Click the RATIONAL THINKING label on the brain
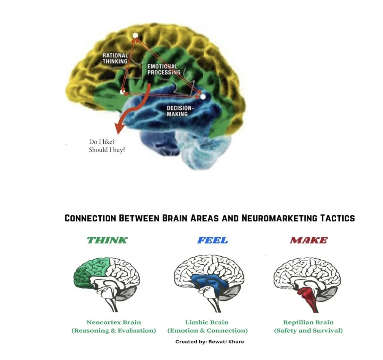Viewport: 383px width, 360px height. pyautogui.click(x=115, y=58)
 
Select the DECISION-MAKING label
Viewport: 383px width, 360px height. pyautogui.click(x=180, y=111)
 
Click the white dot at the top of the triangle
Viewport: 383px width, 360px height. pyautogui.click(x=135, y=35)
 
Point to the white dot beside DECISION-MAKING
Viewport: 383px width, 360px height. pyautogui.click(x=203, y=97)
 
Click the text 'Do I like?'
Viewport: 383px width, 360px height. pyautogui.click(x=101, y=142)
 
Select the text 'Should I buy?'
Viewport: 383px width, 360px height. pyautogui.click(x=107, y=150)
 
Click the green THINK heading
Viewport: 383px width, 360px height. pyautogui.click(x=107, y=240)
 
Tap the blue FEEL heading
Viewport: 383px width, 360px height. pyautogui.click(x=212, y=240)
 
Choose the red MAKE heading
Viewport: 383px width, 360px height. pyautogui.click(x=308, y=240)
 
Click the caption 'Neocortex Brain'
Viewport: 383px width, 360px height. pyautogui.click(x=114, y=322)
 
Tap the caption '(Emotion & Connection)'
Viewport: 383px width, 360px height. pyautogui.click(x=207, y=330)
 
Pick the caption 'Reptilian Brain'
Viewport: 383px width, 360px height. pyautogui.click(x=308, y=322)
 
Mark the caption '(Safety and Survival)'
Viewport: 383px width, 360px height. pyautogui.click(x=308, y=330)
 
